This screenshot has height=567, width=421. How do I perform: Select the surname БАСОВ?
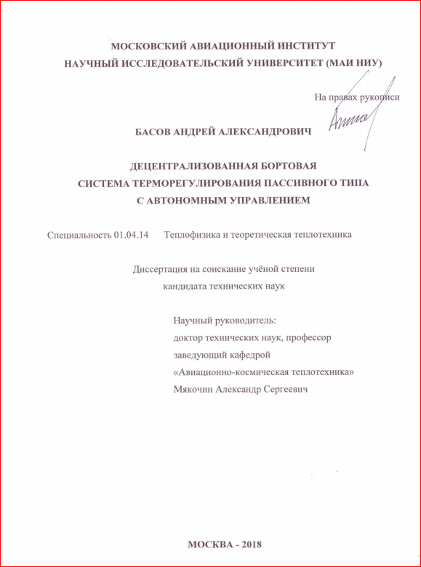(x=155, y=133)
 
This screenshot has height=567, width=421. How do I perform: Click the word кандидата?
(x=185, y=286)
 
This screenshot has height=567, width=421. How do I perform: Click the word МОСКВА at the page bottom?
(x=207, y=545)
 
